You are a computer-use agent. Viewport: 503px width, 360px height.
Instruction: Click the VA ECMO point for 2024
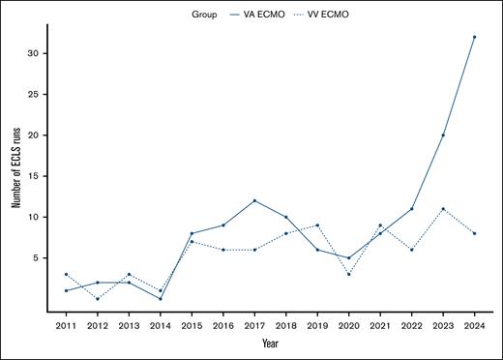(474, 37)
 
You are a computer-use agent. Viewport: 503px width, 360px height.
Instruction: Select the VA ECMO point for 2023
(442, 135)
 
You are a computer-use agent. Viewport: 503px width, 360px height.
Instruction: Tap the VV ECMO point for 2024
(474, 233)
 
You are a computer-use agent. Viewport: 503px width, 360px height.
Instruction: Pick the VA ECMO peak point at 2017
(254, 200)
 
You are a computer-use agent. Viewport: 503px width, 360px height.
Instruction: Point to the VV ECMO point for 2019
(316, 225)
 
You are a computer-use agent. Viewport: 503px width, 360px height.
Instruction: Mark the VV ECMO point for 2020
(348, 274)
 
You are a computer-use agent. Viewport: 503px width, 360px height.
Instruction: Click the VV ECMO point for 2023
(442, 209)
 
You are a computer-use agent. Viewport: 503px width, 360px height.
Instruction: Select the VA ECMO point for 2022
(411, 209)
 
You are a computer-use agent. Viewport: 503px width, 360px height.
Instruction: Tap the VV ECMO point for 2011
(66, 274)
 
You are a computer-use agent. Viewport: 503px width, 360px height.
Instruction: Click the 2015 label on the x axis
(192, 327)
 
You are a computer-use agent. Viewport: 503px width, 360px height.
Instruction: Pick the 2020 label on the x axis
(348, 327)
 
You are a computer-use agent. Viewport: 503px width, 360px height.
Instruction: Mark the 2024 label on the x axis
(474, 327)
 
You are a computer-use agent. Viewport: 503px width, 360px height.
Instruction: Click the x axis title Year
(270, 343)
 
